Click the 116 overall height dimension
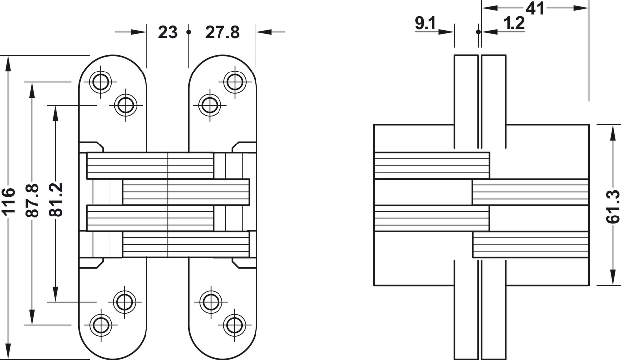(8, 201)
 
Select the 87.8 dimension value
(32, 200)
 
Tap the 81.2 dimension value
(55, 200)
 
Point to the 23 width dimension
(167, 33)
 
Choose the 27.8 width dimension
(222, 33)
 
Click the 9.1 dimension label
(425, 23)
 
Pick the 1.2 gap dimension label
(514, 23)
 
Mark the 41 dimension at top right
(535, 8)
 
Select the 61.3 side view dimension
(613, 207)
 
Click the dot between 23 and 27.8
(189, 32)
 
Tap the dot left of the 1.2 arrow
(478, 32)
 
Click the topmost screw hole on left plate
(101, 82)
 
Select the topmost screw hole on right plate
(235, 82)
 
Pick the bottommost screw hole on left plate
(101, 325)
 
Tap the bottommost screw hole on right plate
(234, 325)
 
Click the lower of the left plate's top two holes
(126, 106)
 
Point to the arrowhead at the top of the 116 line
(8, 62)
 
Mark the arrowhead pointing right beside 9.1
(446, 32)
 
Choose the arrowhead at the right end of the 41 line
(581, 8)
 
